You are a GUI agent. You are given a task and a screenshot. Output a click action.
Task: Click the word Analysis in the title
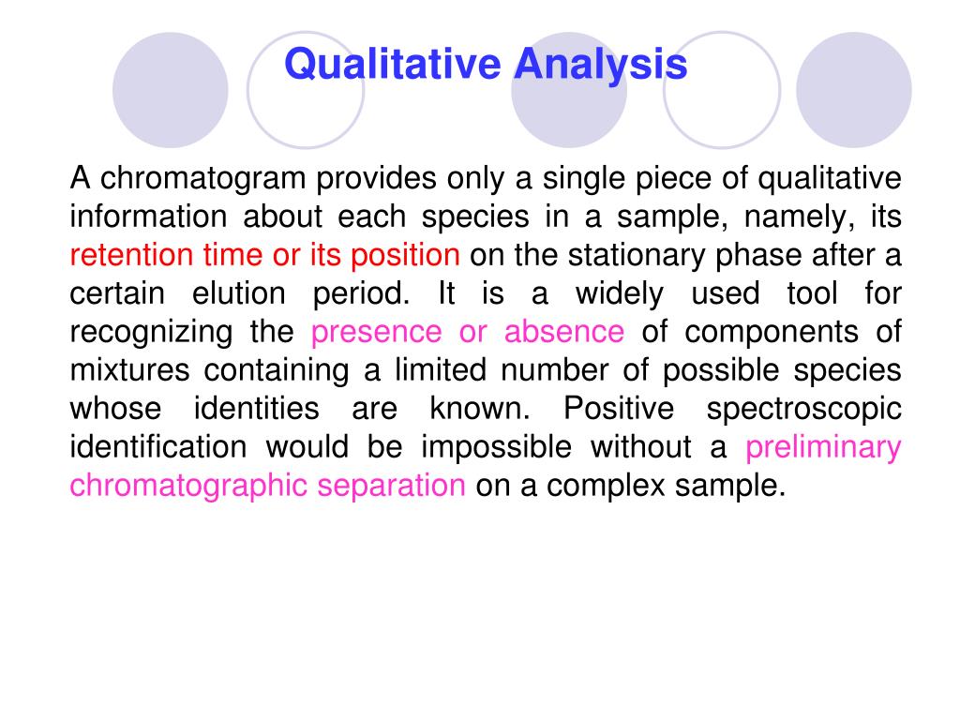click(x=600, y=66)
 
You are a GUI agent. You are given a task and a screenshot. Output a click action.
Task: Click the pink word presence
click(x=376, y=332)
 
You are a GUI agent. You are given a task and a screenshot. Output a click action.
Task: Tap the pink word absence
click(x=563, y=332)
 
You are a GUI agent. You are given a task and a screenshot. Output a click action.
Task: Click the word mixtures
click(x=131, y=370)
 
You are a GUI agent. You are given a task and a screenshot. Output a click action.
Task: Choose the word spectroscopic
click(x=804, y=409)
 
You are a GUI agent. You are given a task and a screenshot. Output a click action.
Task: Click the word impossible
click(x=496, y=447)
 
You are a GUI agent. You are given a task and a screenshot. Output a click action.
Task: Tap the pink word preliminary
click(x=823, y=447)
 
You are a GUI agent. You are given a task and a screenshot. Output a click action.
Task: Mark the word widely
click(x=619, y=293)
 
